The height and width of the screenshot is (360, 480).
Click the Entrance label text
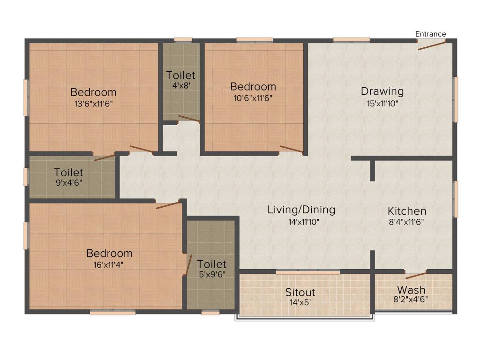pyautogui.click(x=430, y=34)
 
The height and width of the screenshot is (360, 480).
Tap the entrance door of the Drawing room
pyautogui.click(x=432, y=45)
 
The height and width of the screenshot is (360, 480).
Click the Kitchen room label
pyautogui.click(x=406, y=211)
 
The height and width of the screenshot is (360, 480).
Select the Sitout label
pyautogui.click(x=300, y=292)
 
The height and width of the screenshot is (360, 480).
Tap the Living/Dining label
pyautogui.click(x=301, y=210)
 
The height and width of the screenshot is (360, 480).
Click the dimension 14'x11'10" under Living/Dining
pyautogui.click(x=301, y=222)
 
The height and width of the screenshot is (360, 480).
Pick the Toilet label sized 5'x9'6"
pyautogui.click(x=211, y=264)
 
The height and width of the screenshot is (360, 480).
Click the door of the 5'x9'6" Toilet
pyautogui.click(x=189, y=264)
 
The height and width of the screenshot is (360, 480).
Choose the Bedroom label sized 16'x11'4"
pyautogui.click(x=109, y=253)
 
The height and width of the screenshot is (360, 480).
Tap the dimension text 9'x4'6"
pyautogui.click(x=68, y=183)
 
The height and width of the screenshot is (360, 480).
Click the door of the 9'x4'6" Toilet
pyautogui.click(x=104, y=157)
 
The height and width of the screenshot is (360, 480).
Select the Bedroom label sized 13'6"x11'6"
pyautogui.click(x=93, y=92)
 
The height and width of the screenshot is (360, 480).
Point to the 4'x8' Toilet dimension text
pyautogui.click(x=180, y=86)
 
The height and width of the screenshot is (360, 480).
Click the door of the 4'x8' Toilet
pyautogui.click(x=189, y=120)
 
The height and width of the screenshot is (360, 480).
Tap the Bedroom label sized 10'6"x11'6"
pyautogui.click(x=253, y=87)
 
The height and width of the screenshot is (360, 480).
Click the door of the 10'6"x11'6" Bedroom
pyautogui.click(x=291, y=150)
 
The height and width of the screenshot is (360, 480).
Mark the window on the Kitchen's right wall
pyautogui.click(x=455, y=199)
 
